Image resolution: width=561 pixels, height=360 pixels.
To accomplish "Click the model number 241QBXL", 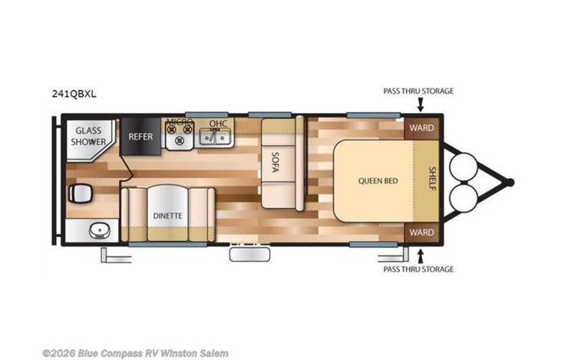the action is [74, 94].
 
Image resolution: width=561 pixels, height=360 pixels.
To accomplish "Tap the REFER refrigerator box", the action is [140, 137].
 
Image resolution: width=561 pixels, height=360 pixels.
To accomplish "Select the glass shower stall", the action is [91, 138].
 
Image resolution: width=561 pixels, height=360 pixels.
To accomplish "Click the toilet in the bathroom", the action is [81, 193].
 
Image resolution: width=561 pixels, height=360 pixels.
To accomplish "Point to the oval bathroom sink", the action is [100, 230].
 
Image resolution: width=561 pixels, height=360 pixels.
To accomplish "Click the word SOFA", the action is [275, 163].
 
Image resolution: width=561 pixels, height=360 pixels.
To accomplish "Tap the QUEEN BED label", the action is [378, 180].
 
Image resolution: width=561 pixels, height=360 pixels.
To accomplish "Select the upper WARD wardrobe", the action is [421, 128].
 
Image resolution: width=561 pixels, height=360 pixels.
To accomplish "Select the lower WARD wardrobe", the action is [421, 233].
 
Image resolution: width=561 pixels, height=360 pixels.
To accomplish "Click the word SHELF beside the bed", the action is [432, 179].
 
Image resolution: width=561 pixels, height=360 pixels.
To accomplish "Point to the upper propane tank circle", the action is [464, 167].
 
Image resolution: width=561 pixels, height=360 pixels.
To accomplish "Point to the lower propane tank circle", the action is [464, 198].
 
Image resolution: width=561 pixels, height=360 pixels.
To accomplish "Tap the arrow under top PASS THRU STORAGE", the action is [421, 104].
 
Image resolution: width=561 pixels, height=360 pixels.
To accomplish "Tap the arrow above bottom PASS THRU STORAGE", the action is [421, 256].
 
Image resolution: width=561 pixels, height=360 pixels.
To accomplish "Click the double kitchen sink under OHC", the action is [214, 137].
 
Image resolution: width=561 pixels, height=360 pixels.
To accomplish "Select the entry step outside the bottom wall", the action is [249, 254].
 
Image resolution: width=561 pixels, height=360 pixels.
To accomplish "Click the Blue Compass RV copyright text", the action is [135, 353].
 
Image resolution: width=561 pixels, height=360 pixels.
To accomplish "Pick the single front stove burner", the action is [180, 141].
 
